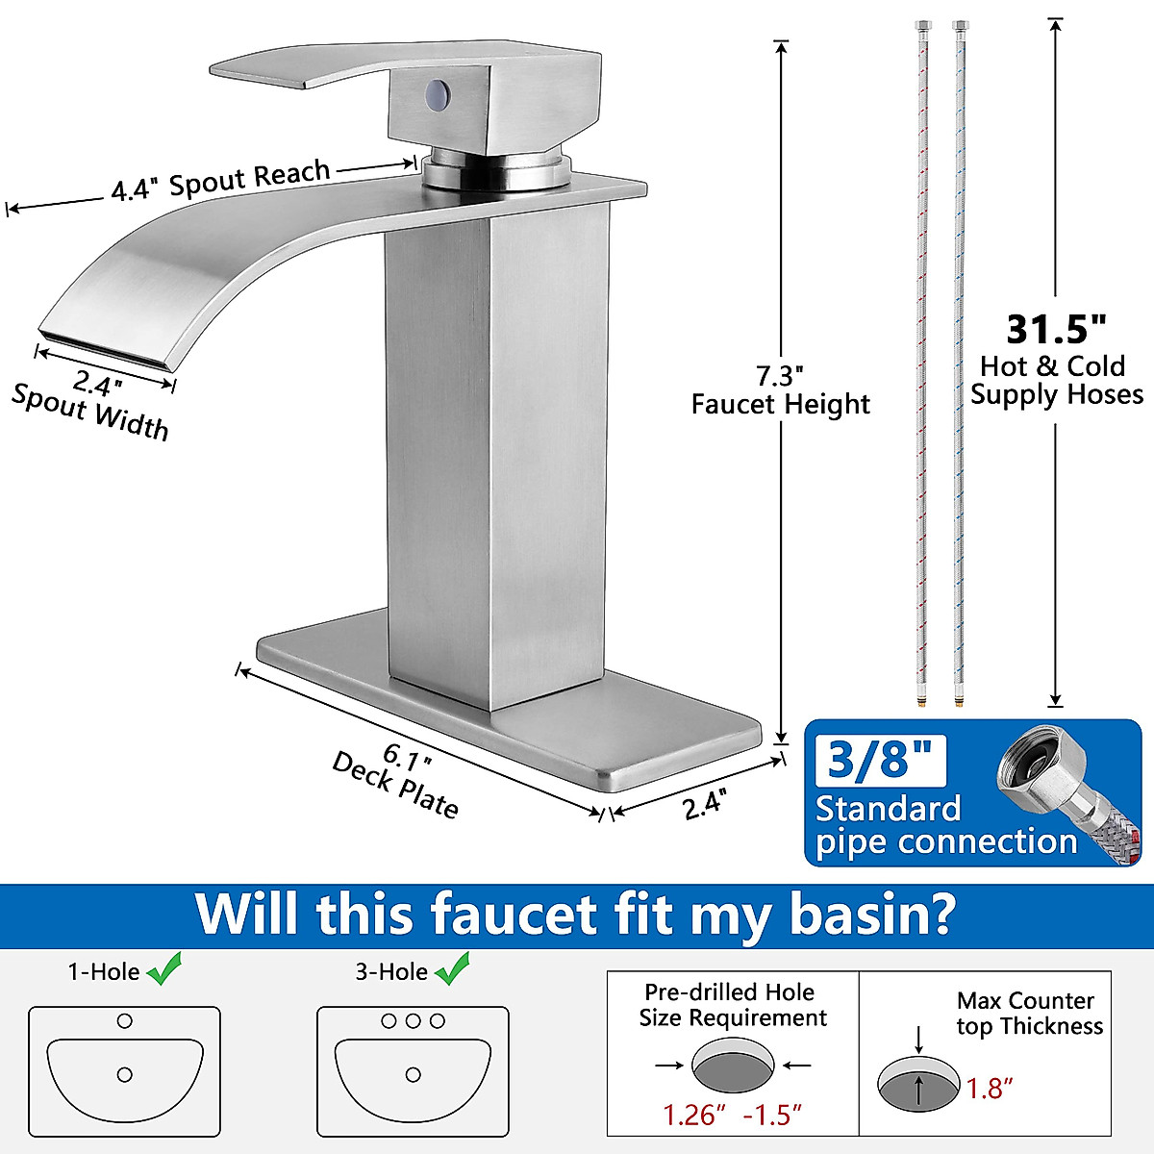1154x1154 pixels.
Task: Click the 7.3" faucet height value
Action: pyautogui.click(x=779, y=375)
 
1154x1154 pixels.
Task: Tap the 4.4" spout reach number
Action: pyautogui.click(x=133, y=189)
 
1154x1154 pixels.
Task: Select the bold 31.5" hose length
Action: pyautogui.click(x=1056, y=330)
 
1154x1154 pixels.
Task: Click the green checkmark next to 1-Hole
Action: pyautogui.click(x=164, y=970)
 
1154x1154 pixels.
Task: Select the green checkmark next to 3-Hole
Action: pyautogui.click(x=452, y=969)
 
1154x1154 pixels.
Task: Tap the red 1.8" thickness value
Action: pyautogui.click(x=991, y=1089)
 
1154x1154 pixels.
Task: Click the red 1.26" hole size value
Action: pyautogui.click(x=689, y=1115)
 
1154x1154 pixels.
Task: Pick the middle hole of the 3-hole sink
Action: pyautogui.click(x=413, y=1021)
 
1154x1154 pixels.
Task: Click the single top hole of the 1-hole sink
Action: pyautogui.click(x=124, y=1021)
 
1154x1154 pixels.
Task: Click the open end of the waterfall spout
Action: pyautogui.click(x=106, y=351)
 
